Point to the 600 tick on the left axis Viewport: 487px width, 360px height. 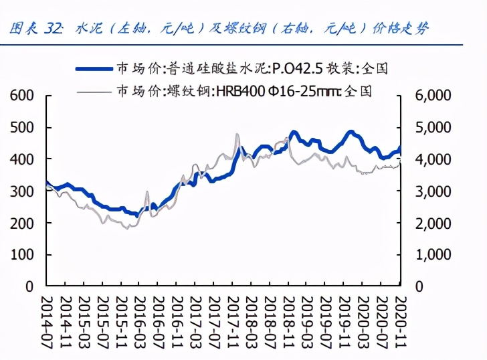click(x=21, y=96)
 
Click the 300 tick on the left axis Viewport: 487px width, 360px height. click(x=21, y=191)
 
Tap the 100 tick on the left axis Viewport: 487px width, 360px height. click(x=21, y=255)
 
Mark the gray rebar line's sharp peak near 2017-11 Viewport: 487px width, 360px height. click(x=237, y=135)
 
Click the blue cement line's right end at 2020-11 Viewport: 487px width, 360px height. click(x=400, y=149)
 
